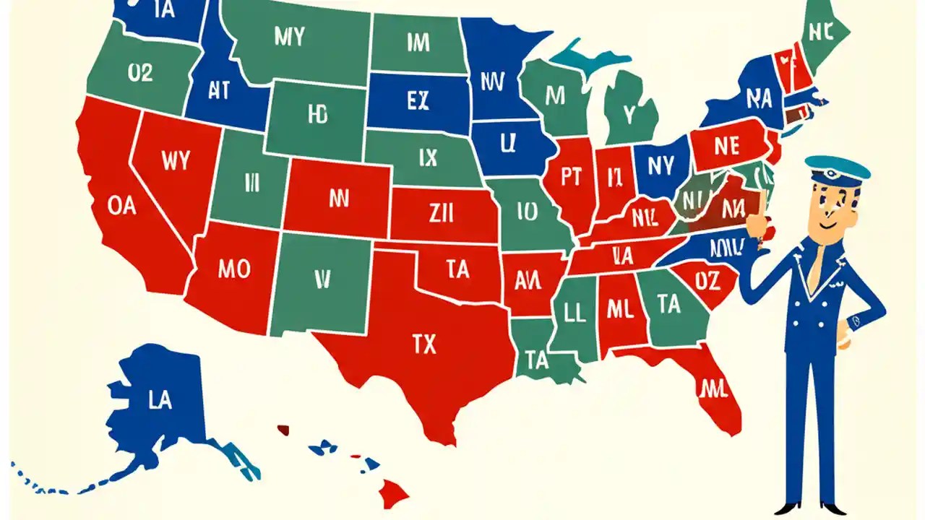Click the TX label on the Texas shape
(x=424, y=345)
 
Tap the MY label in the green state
(x=289, y=38)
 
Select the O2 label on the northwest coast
(x=140, y=73)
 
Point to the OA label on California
(x=121, y=206)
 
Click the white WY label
(x=176, y=161)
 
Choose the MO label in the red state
(x=233, y=270)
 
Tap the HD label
(x=317, y=115)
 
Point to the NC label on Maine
(x=822, y=32)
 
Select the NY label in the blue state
(x=661, y=166)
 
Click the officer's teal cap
(x=838, y=168)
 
